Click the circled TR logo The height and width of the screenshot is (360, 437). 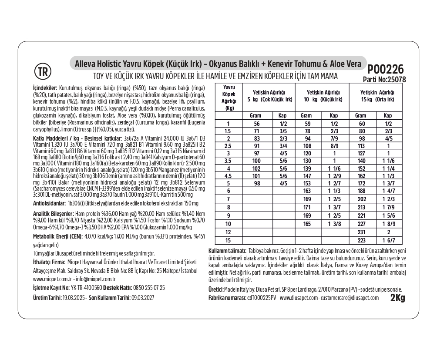pos(42,71)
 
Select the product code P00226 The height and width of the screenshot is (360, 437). pos(385,69)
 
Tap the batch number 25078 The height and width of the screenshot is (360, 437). pos(397,80)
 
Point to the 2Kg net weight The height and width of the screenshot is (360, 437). pos(397,298)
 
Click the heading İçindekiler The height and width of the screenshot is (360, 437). pos(45,87)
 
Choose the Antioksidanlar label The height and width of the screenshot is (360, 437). pos(50,203)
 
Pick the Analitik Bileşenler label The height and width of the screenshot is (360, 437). pos(54,214)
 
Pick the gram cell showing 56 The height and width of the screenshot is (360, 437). pos(256,124)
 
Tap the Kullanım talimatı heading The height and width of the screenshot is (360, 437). pos(228,251)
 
